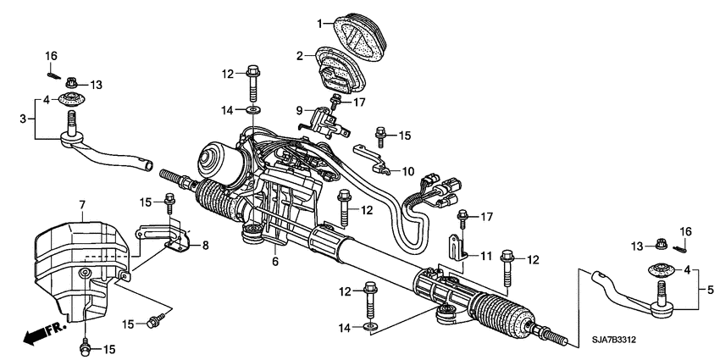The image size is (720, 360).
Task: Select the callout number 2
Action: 298,56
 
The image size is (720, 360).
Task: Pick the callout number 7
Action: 82,205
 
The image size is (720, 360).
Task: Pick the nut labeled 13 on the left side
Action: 72,84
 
